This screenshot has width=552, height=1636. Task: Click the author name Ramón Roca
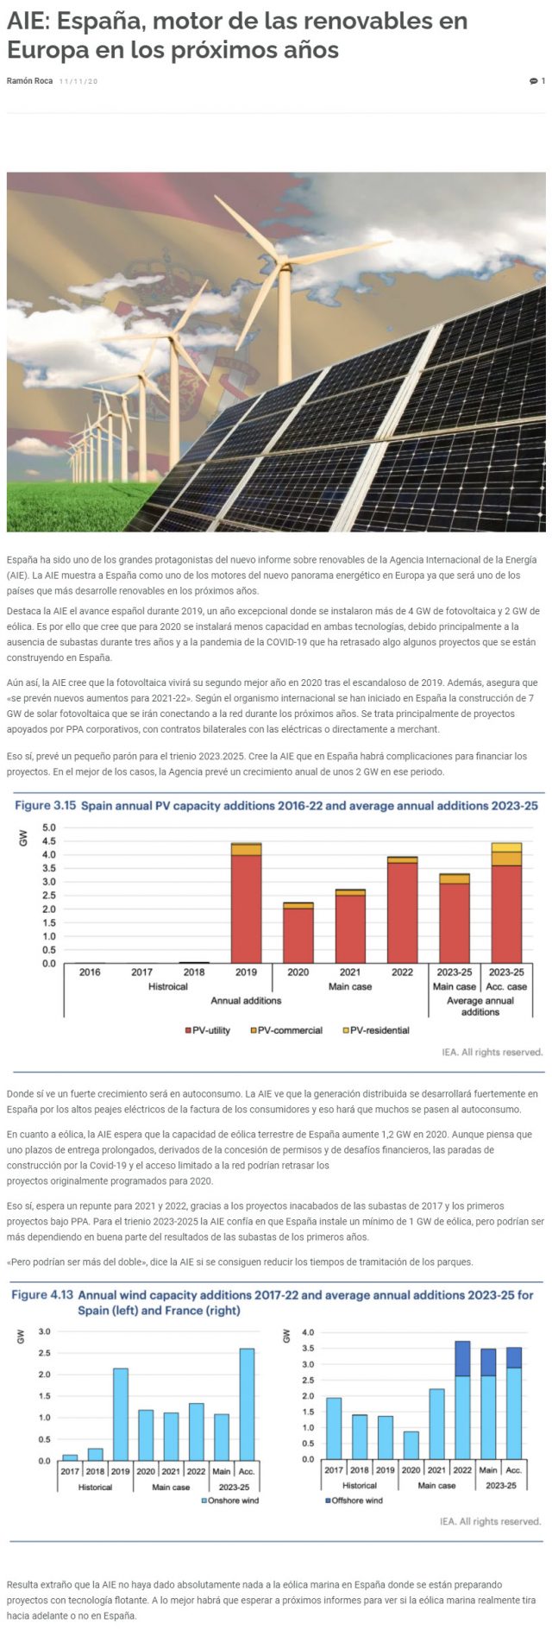(x=29, y=81)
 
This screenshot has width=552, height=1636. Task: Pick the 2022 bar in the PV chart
(x=402, y=910)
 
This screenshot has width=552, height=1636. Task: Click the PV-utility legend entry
(x=207, y=1030)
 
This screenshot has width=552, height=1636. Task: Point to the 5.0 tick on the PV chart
(x=48, y=827)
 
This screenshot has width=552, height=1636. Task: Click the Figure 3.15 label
(x=46, y=805)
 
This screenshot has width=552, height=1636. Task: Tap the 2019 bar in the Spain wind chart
(x=120, y=1414)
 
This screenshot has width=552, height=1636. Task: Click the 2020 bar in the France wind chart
(x=411, y=1445)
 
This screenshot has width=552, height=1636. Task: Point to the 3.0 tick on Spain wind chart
(x=44, y=1332)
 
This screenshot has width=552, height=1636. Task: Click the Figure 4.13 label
(x=42, y=1295)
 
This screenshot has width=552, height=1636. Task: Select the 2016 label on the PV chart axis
(x=90, y=972)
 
